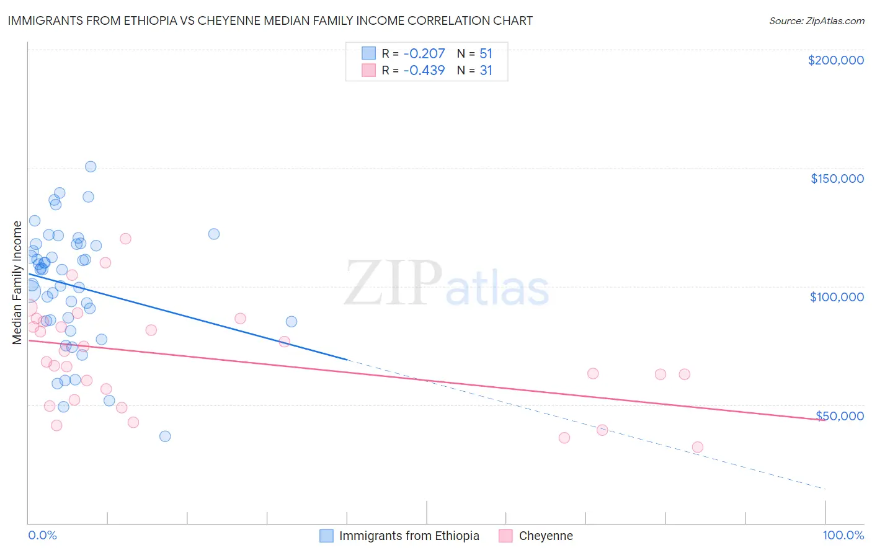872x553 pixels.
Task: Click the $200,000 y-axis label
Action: tap(835, 60)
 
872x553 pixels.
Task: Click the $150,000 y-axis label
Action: tap(837, 179)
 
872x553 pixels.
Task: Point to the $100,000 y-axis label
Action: tap(837, 297)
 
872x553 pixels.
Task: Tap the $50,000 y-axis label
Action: tap(840, 415)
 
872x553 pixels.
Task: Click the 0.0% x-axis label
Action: tap(42, 535)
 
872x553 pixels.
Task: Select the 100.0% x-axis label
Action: tap(843, 535)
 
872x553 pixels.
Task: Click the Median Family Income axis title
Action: tap(17, 282)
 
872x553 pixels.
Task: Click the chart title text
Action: tap(270, 20)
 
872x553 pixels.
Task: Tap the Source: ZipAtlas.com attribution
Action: tap(816, 21)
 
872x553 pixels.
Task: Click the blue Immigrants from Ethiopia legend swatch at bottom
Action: tap(326, 536)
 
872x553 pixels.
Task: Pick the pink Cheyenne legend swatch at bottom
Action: tap(505, 536)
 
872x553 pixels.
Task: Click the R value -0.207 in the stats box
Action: tap(424, 54)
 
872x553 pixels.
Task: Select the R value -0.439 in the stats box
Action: tap(424, 71)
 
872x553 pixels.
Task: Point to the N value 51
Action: tap(486, 54)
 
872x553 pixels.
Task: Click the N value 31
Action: tap(486, 71)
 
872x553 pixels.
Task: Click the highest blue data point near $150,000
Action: tap(91, 167)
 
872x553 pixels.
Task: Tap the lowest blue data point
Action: tap(165, 436)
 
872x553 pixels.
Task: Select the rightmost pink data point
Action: tap(698, 447)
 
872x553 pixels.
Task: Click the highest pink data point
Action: tap(125, 239)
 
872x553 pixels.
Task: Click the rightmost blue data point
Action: tap(291, 322)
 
